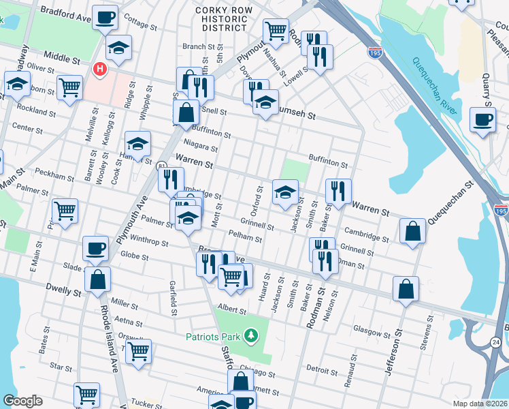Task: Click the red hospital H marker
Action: (100, 70)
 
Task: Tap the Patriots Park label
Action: (214, 336)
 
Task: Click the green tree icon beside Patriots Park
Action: (252, 335)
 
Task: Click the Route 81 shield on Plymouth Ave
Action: (161, 166)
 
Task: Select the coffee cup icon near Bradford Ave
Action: (105, 16)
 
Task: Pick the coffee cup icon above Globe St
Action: (96, 247)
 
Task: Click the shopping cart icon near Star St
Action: (138, 352)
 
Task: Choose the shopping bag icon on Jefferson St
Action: (406, 288)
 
